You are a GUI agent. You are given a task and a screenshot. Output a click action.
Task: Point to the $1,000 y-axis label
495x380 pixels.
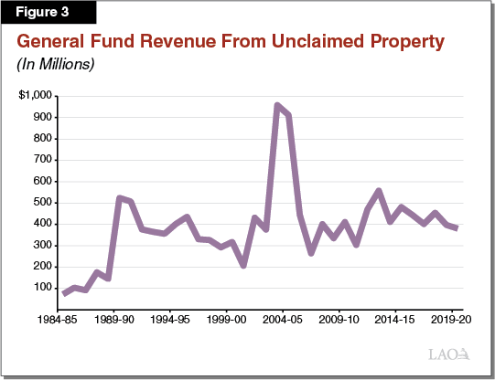pos(36,96)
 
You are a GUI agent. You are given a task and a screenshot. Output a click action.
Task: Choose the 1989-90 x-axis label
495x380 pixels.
pos(113,322)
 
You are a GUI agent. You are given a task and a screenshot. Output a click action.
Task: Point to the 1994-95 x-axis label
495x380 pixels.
pos(170,322)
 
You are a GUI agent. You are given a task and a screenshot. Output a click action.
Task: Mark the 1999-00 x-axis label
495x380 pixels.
pos(226,322)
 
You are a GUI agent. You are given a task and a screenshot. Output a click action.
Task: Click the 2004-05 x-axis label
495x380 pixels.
pos(283,322)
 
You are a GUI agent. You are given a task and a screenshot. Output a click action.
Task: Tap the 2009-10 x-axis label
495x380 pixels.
pos(339,322)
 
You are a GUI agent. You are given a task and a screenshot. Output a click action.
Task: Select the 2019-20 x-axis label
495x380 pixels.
pos(452,322)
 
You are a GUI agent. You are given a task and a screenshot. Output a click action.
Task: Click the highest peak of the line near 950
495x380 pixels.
pos(277,105)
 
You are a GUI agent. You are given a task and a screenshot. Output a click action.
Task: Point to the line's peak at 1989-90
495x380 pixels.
pos(120,197)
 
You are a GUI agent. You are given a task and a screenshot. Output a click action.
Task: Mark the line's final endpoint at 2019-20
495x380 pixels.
pos(457,228)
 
